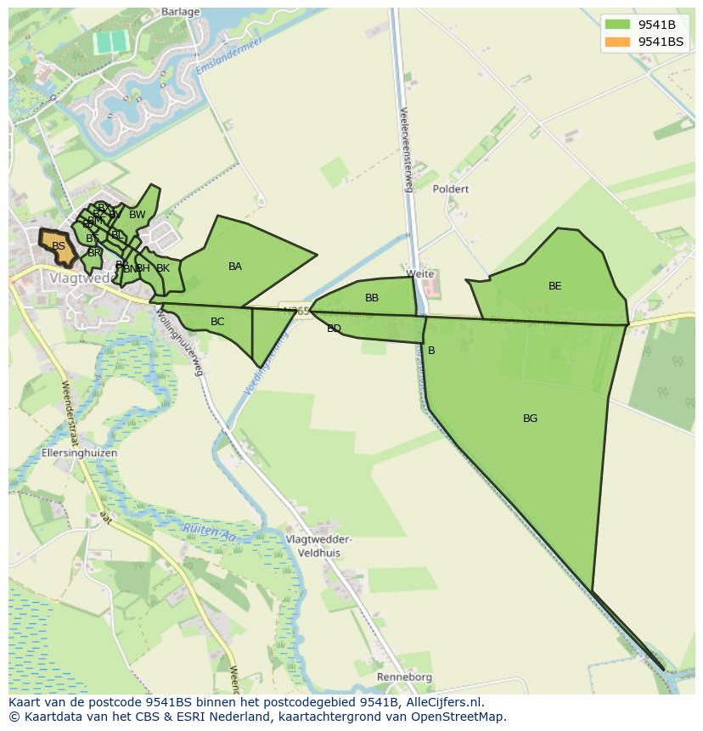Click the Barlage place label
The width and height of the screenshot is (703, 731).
179,12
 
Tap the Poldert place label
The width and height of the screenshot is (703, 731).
450,189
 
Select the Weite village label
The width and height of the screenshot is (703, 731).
420,274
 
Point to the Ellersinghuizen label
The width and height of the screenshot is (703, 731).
79,453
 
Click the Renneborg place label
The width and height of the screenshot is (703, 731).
404,678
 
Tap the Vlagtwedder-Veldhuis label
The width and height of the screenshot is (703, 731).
319,546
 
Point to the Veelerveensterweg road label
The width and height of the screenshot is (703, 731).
405,149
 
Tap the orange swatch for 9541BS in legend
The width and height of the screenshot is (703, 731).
618,42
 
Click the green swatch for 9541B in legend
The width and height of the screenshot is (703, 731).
618,25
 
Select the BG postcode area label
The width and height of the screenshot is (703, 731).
530,419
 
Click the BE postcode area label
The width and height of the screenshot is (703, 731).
554,286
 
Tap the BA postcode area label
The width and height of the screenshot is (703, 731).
235,267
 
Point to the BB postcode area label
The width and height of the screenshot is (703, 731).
372,298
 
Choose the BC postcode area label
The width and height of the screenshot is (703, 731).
217,322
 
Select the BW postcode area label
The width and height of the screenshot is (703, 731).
137,215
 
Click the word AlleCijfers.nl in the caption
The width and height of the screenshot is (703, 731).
442,702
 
